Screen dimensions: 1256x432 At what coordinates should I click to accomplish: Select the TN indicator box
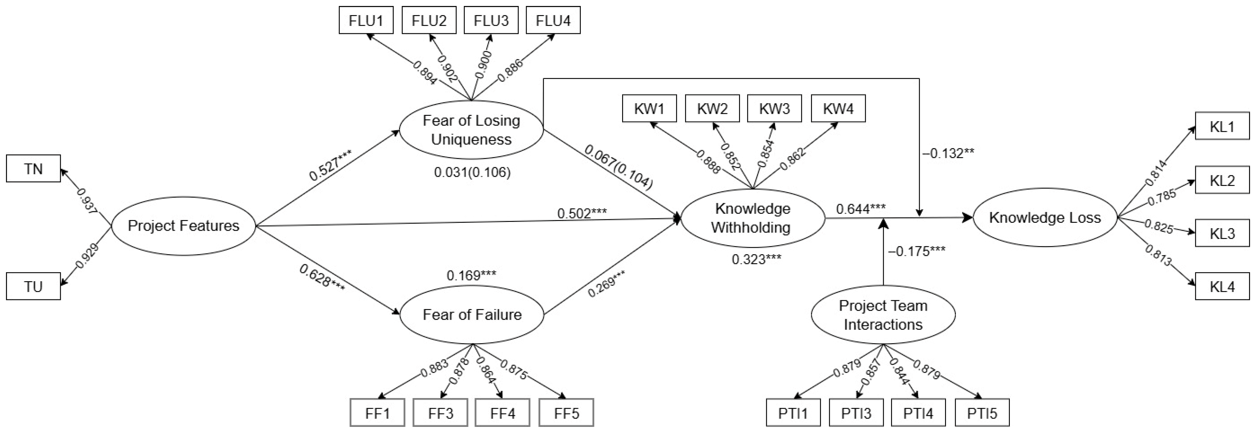pos(33,169)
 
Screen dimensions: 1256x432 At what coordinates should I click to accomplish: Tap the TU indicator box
pos(33,286)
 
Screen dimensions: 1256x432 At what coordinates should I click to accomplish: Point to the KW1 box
pos(650,108)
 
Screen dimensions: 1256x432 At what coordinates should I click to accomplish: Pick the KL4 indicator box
pos(1222,286)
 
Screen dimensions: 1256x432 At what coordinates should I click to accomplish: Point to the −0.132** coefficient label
pos(948,154)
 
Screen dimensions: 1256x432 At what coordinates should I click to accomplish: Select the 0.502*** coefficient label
pos(582,213)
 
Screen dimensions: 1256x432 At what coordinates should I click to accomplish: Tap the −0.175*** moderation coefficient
pos(917,251)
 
